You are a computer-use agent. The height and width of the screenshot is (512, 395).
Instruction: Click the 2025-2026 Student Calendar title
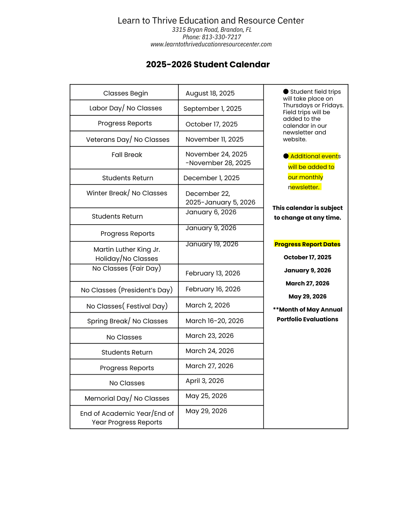point(208,65)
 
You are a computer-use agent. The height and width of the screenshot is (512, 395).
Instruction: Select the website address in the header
point(211,44)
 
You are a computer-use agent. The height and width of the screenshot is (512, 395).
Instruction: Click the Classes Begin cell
point(125,93)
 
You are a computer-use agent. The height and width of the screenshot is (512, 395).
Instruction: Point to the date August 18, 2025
point(210,93)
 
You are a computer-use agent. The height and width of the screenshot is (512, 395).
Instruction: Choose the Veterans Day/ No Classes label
point(128,139)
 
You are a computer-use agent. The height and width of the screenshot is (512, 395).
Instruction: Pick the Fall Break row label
point(127,155)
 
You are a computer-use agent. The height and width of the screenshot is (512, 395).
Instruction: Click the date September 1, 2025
point(212,109)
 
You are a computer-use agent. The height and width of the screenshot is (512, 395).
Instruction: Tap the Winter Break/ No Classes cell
point(127,193)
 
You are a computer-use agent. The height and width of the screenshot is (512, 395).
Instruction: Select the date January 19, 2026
point(212,244)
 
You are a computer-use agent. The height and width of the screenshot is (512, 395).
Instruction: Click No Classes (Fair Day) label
point(127,268)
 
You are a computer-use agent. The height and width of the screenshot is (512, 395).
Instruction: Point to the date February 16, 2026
point(213,289)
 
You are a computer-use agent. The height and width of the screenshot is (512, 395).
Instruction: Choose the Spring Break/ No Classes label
point(127,321)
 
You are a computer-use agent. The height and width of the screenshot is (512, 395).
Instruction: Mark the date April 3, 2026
point(205,381)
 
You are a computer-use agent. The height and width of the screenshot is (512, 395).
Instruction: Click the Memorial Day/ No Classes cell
point(127,398)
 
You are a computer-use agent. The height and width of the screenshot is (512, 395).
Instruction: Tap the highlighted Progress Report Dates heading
point(307,244)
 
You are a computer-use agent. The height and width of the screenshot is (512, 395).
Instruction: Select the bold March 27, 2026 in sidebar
point(307,283)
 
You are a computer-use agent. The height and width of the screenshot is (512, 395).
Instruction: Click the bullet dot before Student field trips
point(286,91)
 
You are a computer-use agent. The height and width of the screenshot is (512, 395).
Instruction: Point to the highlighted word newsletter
point(304,187)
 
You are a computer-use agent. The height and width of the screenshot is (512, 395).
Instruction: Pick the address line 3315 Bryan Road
point(211,30)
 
